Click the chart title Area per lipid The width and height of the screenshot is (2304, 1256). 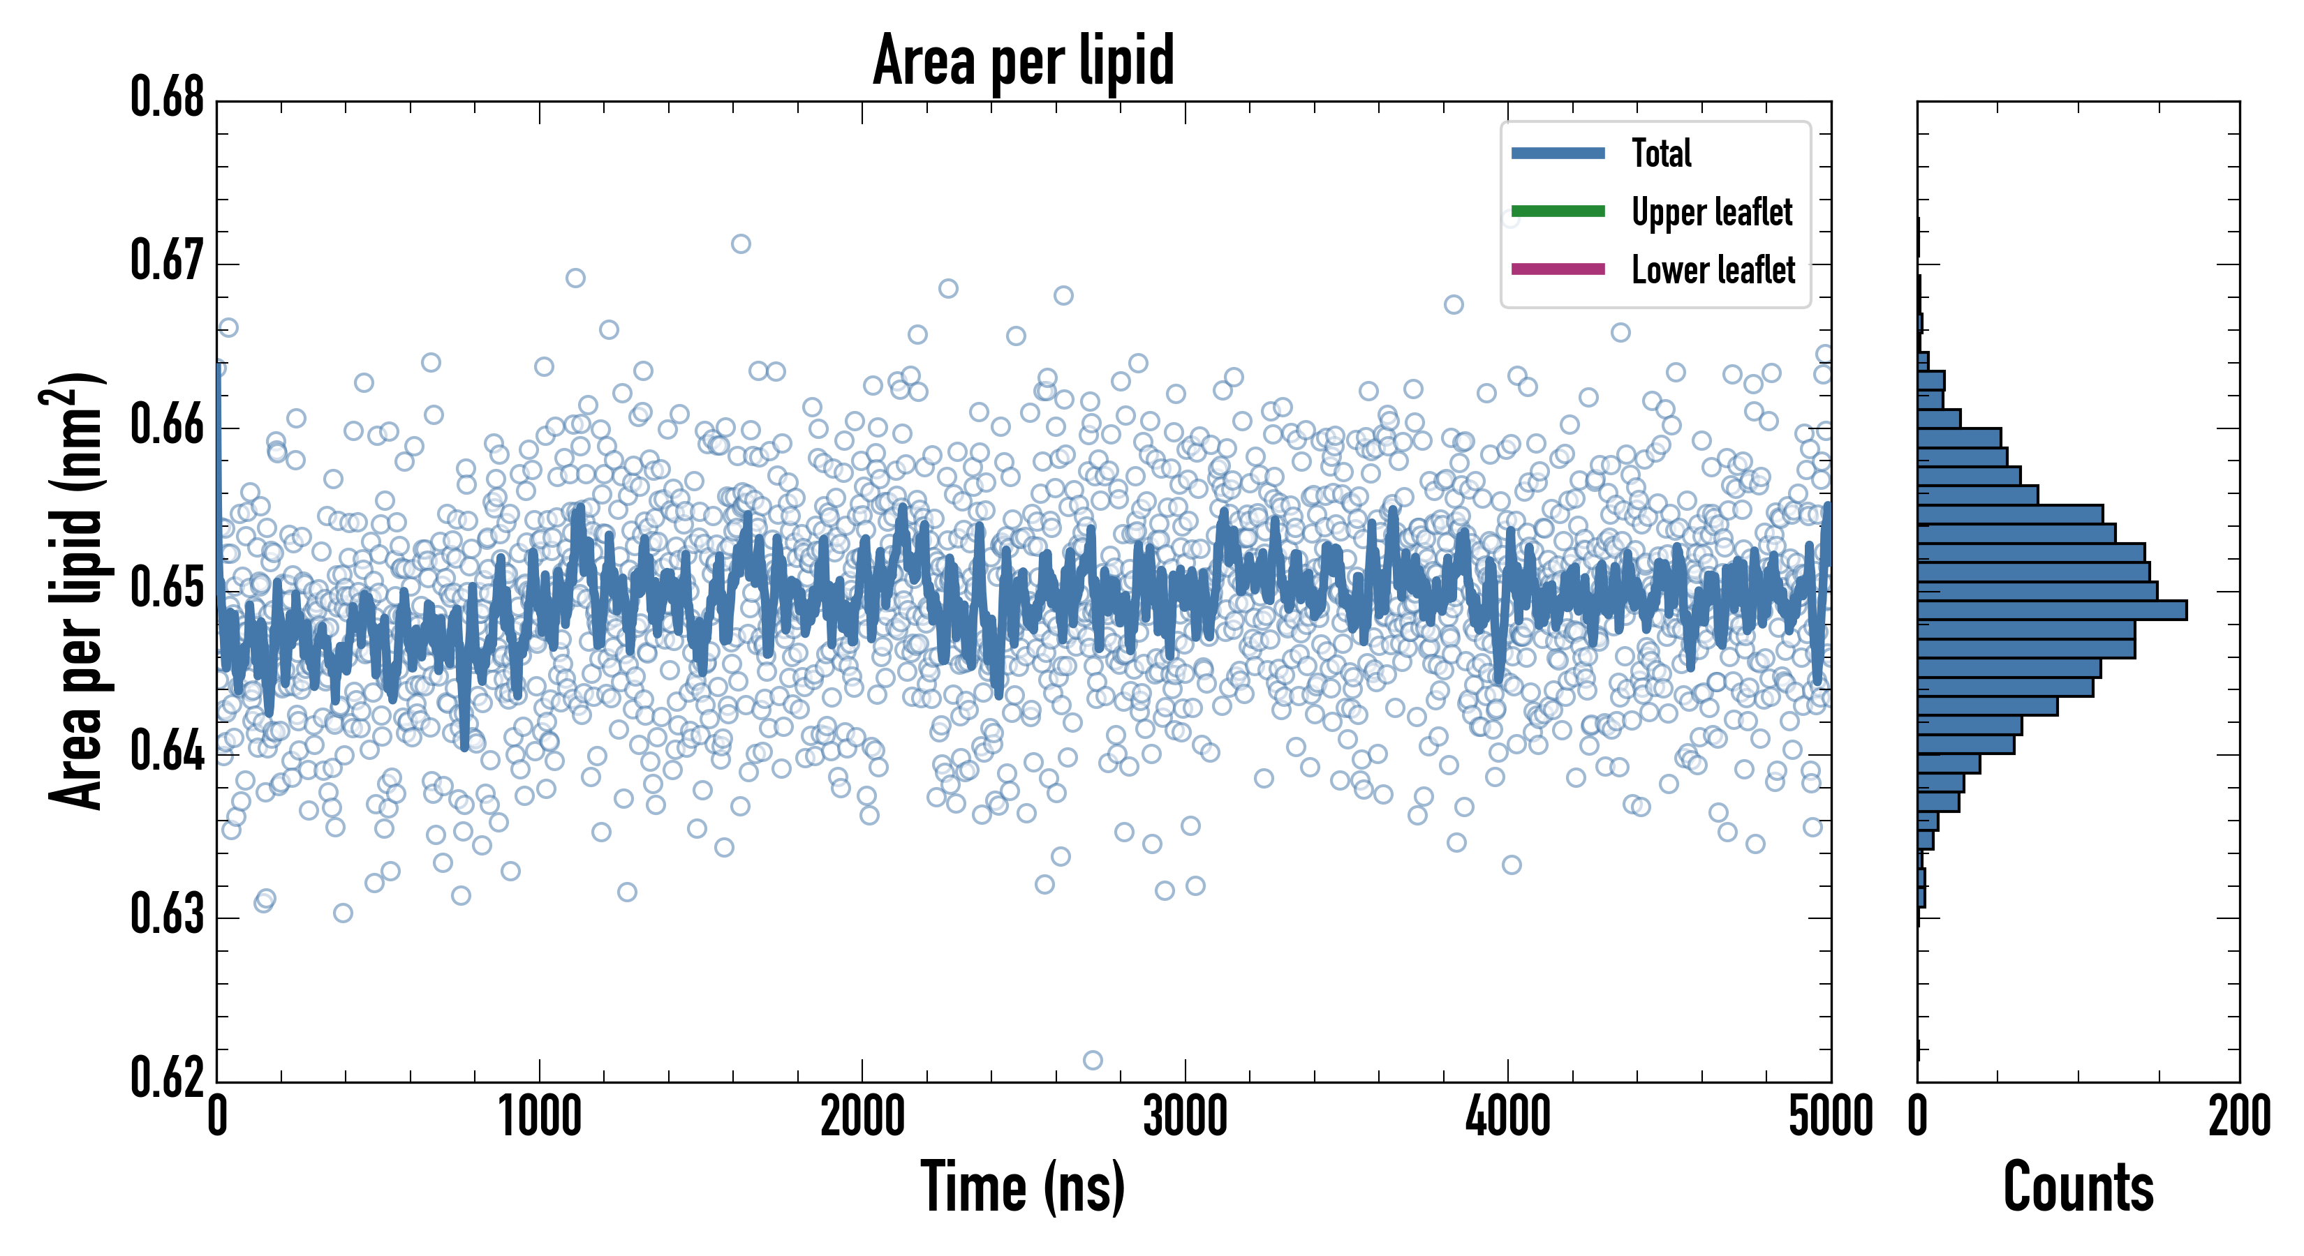(1024, 61)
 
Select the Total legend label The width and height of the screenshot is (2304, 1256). (1661, 153)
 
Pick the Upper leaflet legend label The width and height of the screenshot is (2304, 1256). (1711, 212)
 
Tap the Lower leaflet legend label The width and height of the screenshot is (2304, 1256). (1713, 270)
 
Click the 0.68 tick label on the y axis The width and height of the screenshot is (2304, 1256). (168, 98)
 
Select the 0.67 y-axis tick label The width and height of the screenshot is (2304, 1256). (168, 261)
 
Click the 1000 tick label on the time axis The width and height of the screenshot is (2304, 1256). (539, 1117)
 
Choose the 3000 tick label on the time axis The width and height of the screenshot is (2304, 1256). (1185, 1117)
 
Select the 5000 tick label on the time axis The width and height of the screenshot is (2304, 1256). (1830, 1117)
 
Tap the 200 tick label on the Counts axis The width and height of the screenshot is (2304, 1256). (2238, 1117)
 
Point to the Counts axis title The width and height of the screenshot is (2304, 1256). (2078, 1188)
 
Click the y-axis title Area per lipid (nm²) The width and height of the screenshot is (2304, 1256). (75, 590)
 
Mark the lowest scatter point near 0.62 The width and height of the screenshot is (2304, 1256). (1092, 1060)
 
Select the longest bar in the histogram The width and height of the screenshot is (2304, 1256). (2052, 611)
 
